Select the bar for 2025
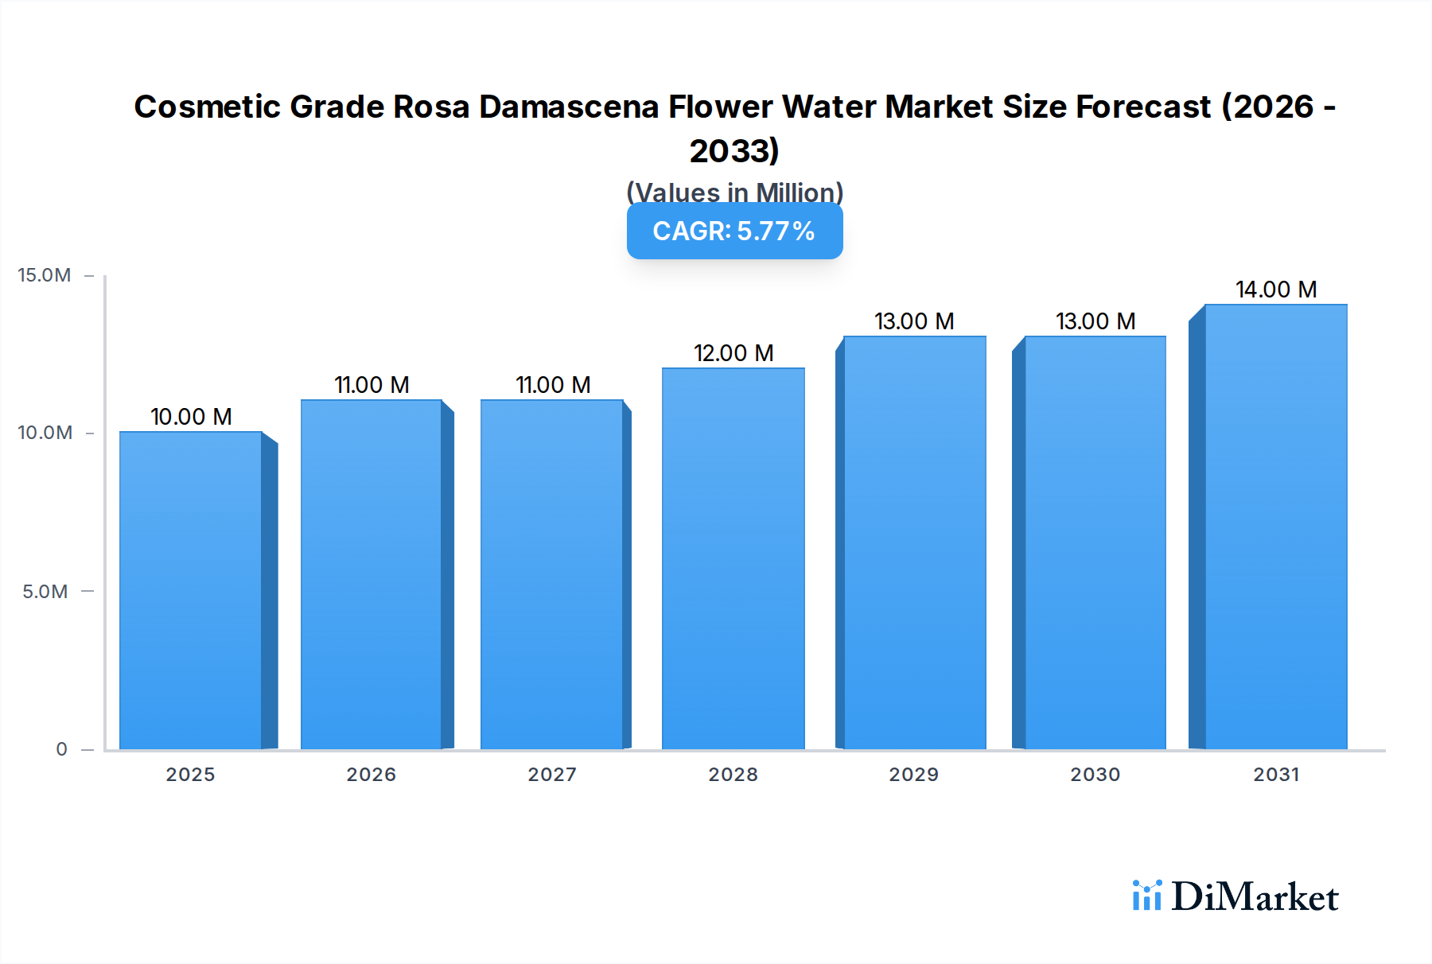click(191, 590)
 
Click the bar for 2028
click(733, 558)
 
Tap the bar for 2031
click(1275, 527)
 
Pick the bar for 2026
click(372, 574)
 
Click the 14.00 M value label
click(1275, 290)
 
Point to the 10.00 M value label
click(191, 417)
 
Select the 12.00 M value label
click(733, 353)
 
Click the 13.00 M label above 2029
click(914, 321)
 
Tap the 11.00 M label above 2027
click(553, 385)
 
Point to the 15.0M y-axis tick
click(45, 275)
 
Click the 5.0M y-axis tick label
click(45, 592)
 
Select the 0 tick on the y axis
click(61, 749)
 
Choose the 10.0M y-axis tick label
click(45, 433)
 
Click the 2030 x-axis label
click(1095, 775)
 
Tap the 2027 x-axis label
click(552, 775)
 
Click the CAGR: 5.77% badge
click(734, 231)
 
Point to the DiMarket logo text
click(1255, 897)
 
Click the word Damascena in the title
click(568, 107)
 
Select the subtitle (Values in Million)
click(734, 192)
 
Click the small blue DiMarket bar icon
click(1146, 896)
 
